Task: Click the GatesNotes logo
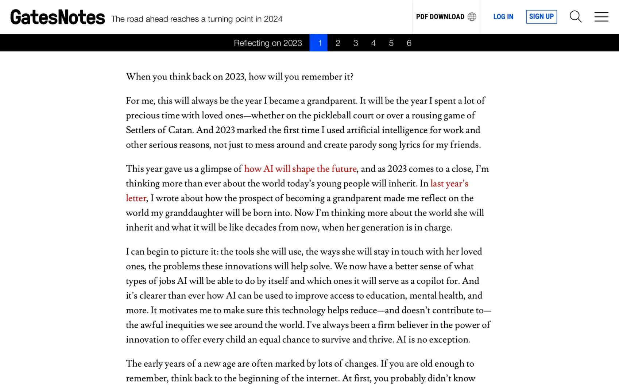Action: [58, 17]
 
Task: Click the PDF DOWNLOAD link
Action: [440, 17]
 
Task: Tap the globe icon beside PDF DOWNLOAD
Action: [472, 17]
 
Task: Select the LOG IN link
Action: [503, 17]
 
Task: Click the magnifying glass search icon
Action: [576, 17]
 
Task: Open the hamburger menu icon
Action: [601, 17]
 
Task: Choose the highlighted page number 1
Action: [320, 43]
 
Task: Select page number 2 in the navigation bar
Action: [338, 43]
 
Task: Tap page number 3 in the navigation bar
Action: [356, 43]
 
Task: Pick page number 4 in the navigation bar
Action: [373, 43]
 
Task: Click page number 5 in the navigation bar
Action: [391, 43]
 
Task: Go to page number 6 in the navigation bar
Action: [409, 43]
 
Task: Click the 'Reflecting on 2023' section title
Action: [268, 43]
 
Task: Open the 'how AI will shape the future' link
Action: [300, 169]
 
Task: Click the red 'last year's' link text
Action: [449, 184]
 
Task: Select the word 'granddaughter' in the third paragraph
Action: [194, 213]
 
